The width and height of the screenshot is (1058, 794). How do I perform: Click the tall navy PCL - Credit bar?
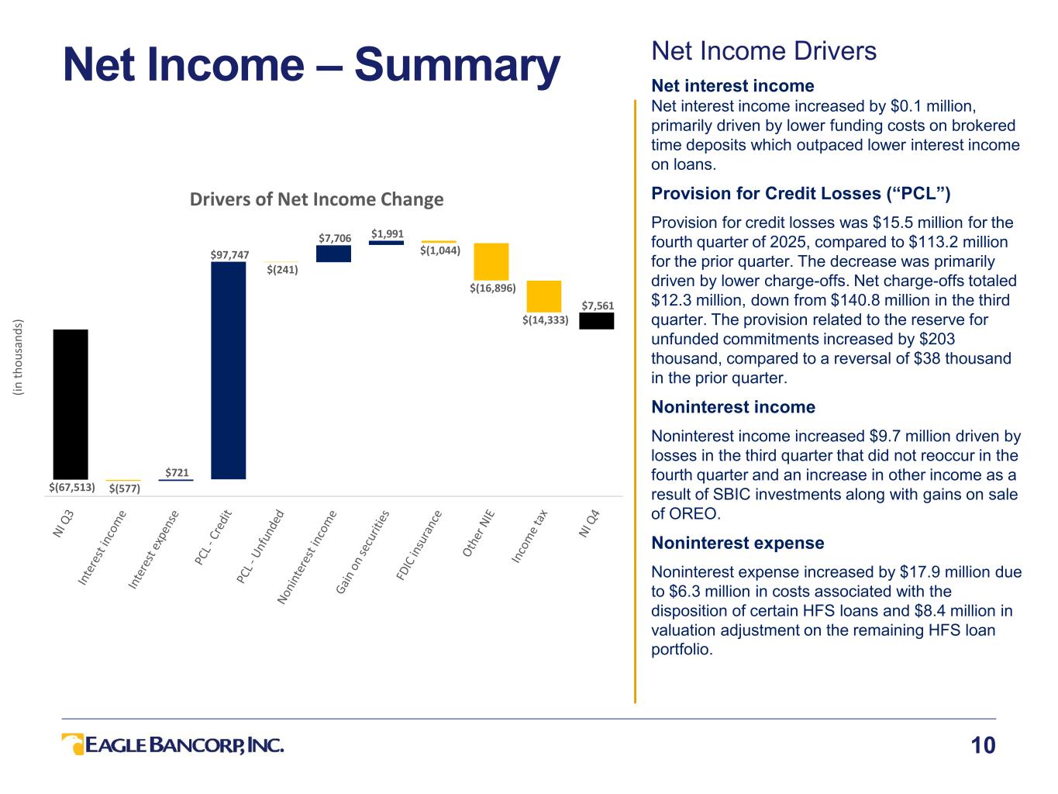(x=228, y=370)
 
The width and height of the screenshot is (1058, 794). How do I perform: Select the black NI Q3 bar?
(x=71, y=404)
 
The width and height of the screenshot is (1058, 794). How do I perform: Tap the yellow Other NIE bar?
(x=491, y=261)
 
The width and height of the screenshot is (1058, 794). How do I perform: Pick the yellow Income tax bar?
(x=543, y=296)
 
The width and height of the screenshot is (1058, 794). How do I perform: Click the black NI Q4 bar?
(x=596, y=321)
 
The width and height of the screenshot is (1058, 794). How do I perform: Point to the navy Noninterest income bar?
(x=333, y=254)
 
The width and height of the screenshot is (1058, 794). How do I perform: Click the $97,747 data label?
(x=229, y=254)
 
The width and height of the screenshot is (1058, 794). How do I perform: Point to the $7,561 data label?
(x=598, y=306)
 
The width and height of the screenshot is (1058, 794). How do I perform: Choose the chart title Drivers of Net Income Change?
(x=317, y=199)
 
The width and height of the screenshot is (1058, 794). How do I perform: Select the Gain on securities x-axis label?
(x=363, y=552)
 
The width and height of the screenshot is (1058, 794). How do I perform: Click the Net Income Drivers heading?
(x=763, y=51)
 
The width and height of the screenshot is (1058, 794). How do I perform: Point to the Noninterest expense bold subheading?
(x=737, y=543)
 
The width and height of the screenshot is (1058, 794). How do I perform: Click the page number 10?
(x=983, y=746)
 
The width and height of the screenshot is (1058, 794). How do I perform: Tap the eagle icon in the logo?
(x=73, y=744)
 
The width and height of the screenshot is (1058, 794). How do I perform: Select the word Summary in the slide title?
(x=457, y=65)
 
